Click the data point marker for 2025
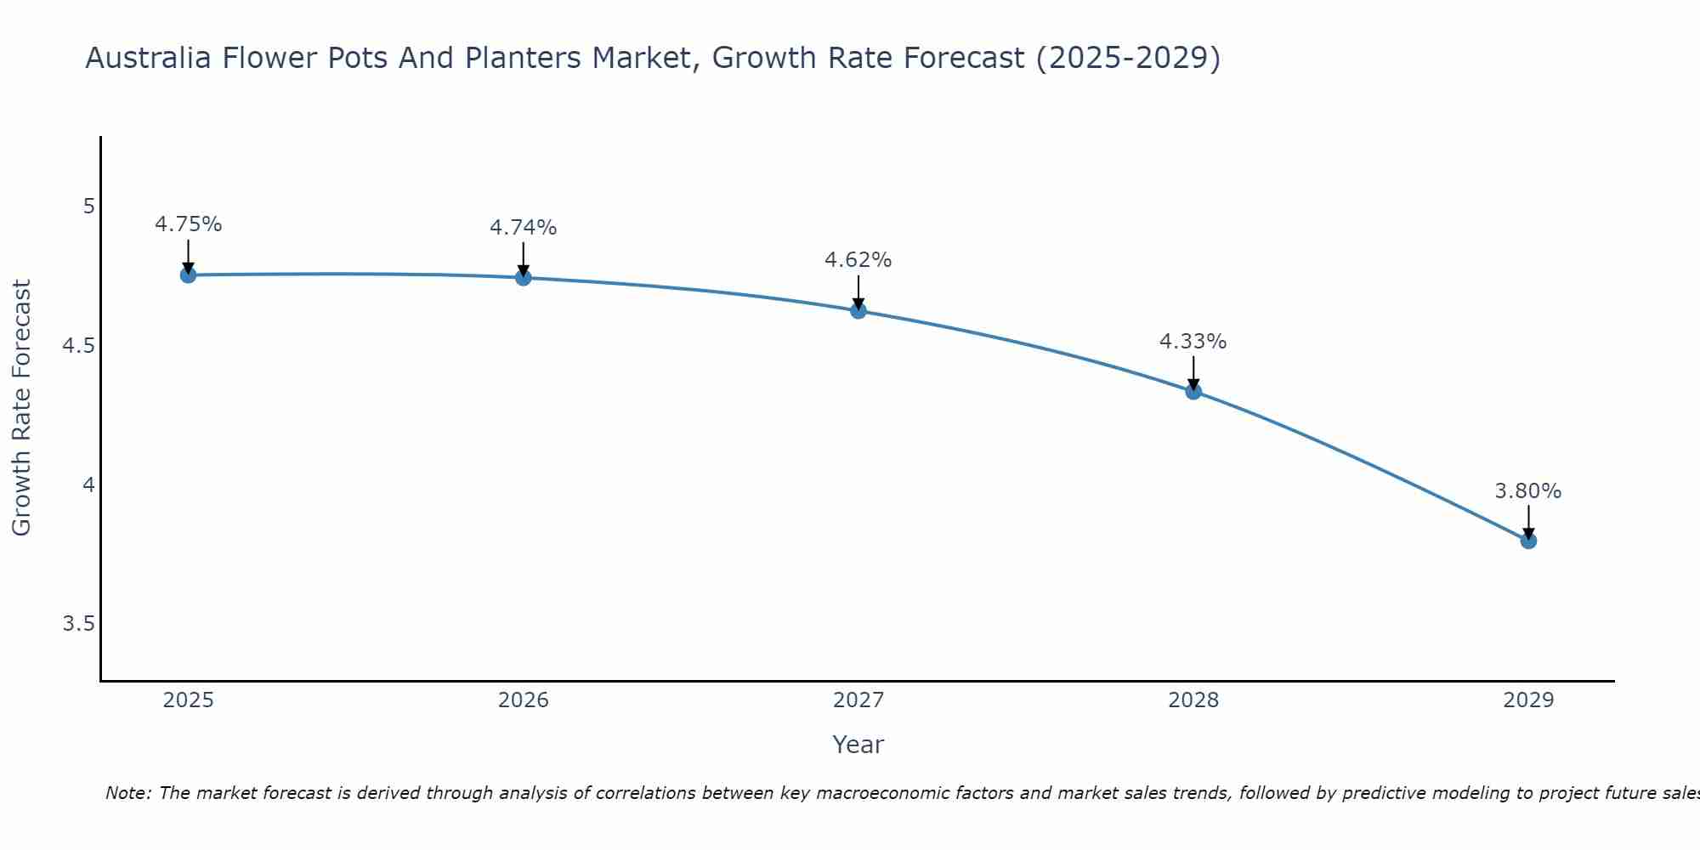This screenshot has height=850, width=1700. click(188, 275)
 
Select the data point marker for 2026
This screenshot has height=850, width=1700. click(523, 277)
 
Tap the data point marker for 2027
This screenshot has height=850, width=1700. click(858, 310)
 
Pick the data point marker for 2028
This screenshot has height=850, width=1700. click(1193, 391)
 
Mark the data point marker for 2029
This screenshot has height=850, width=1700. click(1527, 541)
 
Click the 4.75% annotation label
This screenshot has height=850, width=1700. click(188, 224)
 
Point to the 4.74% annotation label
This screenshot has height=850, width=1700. click(523, 228)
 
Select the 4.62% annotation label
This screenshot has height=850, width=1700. click(858, 260)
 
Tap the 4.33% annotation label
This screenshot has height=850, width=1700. click(1193, 342)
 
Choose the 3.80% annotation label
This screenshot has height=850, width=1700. click(1527, 491)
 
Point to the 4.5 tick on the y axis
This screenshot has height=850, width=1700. click(78, 346)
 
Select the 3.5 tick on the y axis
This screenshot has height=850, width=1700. click(78, 624)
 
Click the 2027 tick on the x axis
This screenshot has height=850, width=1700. click(858, 700)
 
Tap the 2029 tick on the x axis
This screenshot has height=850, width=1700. click(1527, 700)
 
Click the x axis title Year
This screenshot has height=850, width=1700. click(858, 745)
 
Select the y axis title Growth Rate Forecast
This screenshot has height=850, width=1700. click(21, 408)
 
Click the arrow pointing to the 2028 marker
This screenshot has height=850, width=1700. click(1193, 371)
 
